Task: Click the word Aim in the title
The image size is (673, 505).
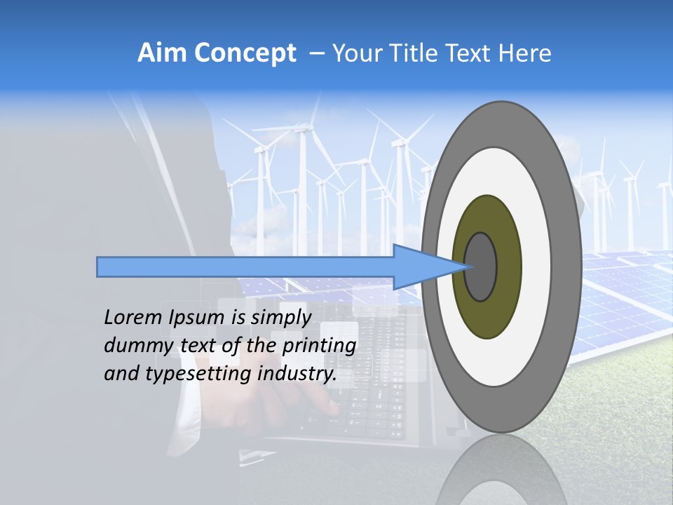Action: pyautogui.click(x=162, y=53)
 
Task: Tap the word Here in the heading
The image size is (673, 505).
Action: pyautogui.click(x=524, y=53)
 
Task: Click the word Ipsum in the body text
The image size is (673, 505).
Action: pyautogui.click(x=198, y=318)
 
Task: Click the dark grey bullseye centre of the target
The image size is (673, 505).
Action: pyautogui.click(x=481, y=267)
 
